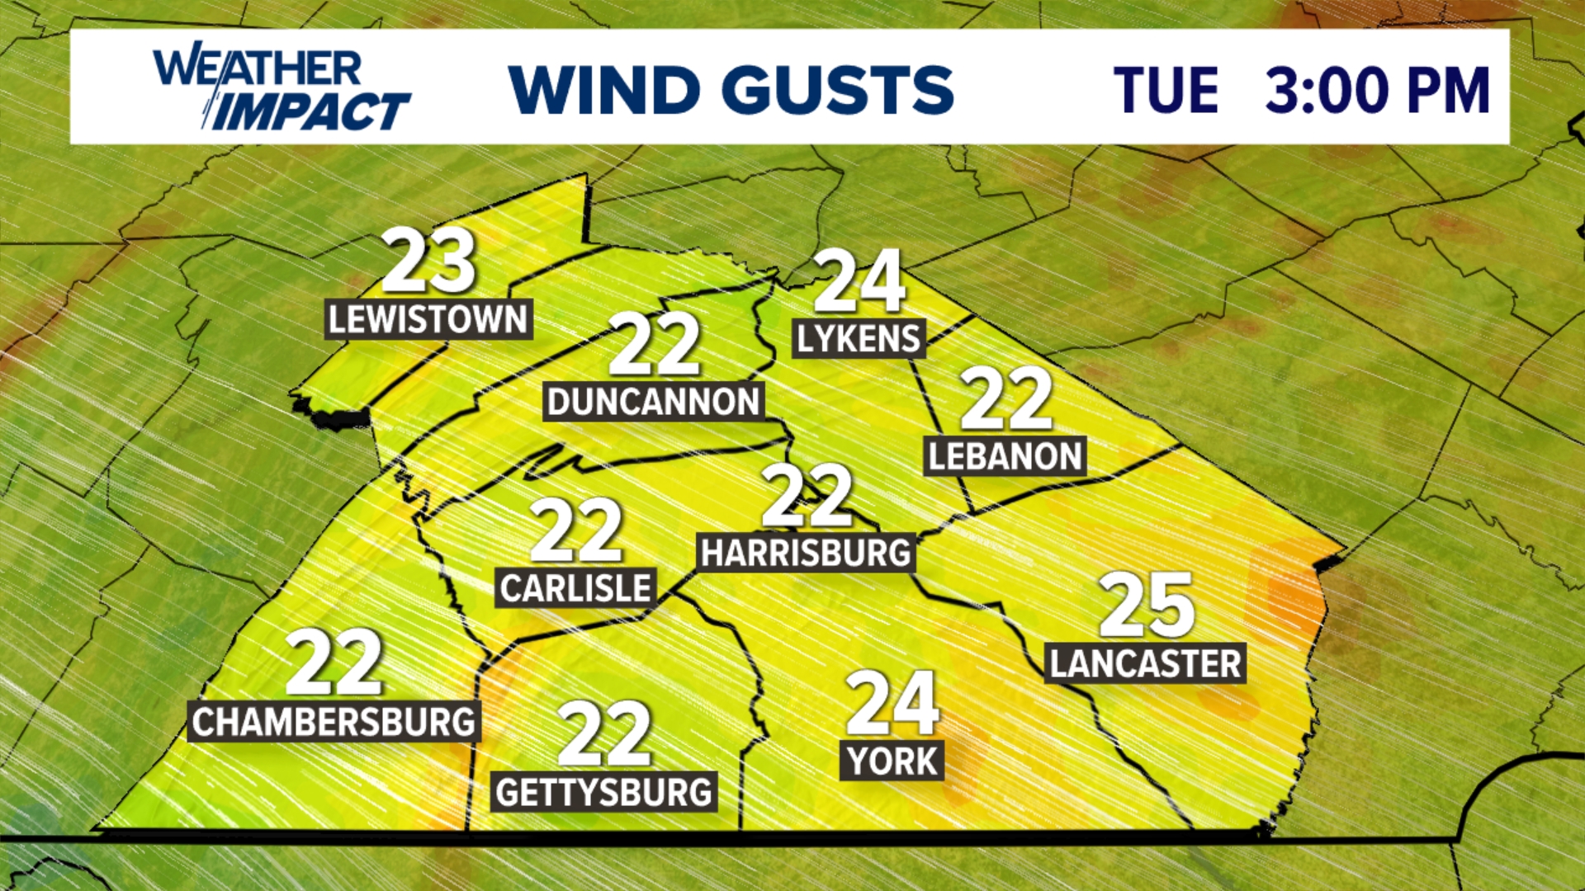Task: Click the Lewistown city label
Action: click(428, 319)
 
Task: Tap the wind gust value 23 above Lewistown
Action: click(428, 262)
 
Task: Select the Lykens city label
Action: click(858, 338)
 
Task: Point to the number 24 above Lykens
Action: click(859, 281)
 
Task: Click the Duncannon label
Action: click(653, 402)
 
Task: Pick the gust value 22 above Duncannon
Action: click(654, 345)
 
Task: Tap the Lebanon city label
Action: click(1005, 456)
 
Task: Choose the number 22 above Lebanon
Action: click(1005, 399)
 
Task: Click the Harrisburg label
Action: click(806, 553)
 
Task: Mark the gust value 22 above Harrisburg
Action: click(807, 496)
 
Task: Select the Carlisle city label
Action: click(575, 588)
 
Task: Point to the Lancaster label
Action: click(1145, 663)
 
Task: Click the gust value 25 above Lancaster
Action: click(1147, 606)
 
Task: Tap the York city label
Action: click(892, 761)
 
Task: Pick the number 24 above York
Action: click(892, 703)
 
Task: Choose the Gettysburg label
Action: click(603, 792)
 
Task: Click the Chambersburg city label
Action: click(334, 722)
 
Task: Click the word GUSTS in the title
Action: click(838, 89)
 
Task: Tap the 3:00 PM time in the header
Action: click(1377, 89)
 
